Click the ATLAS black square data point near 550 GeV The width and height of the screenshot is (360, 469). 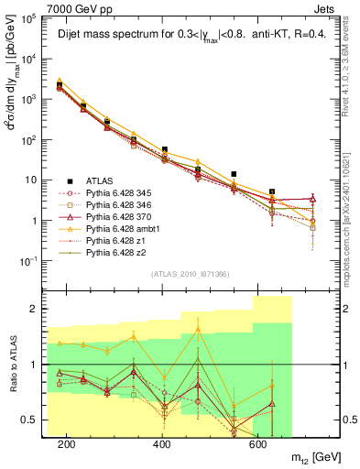click(x=235, y=174)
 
